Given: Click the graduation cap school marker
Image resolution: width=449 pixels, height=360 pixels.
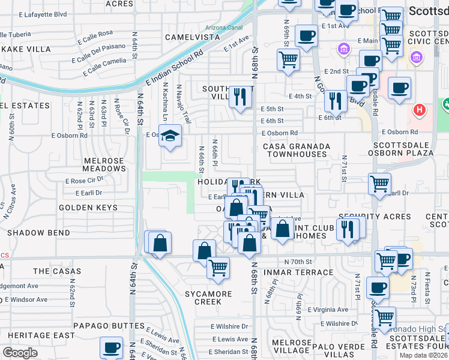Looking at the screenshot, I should pyautogui.click(x=171, y=136).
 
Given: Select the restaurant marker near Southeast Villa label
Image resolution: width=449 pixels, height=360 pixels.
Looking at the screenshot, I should pyautogui.click(x=241, y=96).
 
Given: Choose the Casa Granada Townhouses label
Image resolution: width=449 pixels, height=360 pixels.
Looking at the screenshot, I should pyautogui.click(x=297, y=150).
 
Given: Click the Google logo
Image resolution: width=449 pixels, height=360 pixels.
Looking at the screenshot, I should pyautogui.click(x=20, y=353).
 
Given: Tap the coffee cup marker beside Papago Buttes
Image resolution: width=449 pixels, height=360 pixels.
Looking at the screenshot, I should pyautogui.click(x=111, y=347).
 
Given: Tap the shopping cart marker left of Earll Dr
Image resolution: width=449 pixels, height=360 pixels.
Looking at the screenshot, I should pyautogui.click(x=379, y=183).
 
